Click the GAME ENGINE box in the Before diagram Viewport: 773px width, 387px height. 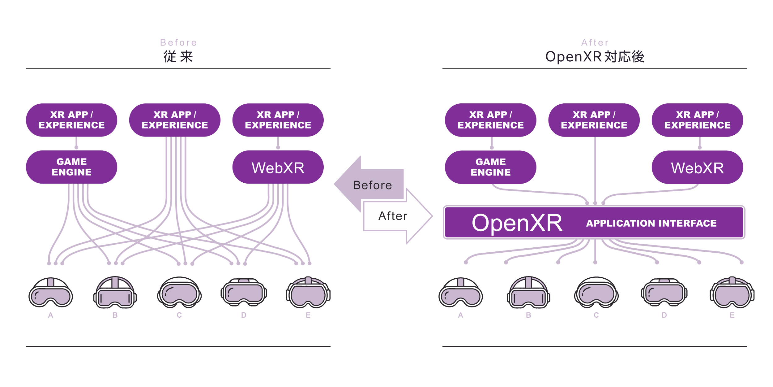click(x=71, y=167)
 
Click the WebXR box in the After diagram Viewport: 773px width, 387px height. click(x=697, y=167)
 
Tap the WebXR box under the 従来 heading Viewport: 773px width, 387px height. click(x=278, y=167)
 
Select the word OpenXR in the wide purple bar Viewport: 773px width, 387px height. click(x=517, y=223)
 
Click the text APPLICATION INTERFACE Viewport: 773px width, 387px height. click(x=651, y=223)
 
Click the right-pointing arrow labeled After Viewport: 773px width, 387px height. click(x=399, y=216)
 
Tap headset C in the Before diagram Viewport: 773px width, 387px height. click(x=179, y=293)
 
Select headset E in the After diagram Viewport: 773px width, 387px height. click(x=732, y=293)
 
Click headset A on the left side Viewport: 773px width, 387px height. click(x=51, y=293)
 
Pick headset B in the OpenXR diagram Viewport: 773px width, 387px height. click(x=528, y=293)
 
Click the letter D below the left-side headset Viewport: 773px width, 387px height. click(x=244, y=315)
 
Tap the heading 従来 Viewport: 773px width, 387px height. click(x=178, y=57)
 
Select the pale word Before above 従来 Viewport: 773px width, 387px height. click(x=178, y=42)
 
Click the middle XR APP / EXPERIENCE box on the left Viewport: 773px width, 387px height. click(x=175, y=120)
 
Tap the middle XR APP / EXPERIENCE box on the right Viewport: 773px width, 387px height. click(x=594, y=120)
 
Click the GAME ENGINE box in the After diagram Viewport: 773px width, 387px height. click(x=490, y=167)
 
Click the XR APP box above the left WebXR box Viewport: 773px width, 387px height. click(x=278, y=120)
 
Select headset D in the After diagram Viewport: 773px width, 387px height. click(x=664, y=293)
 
